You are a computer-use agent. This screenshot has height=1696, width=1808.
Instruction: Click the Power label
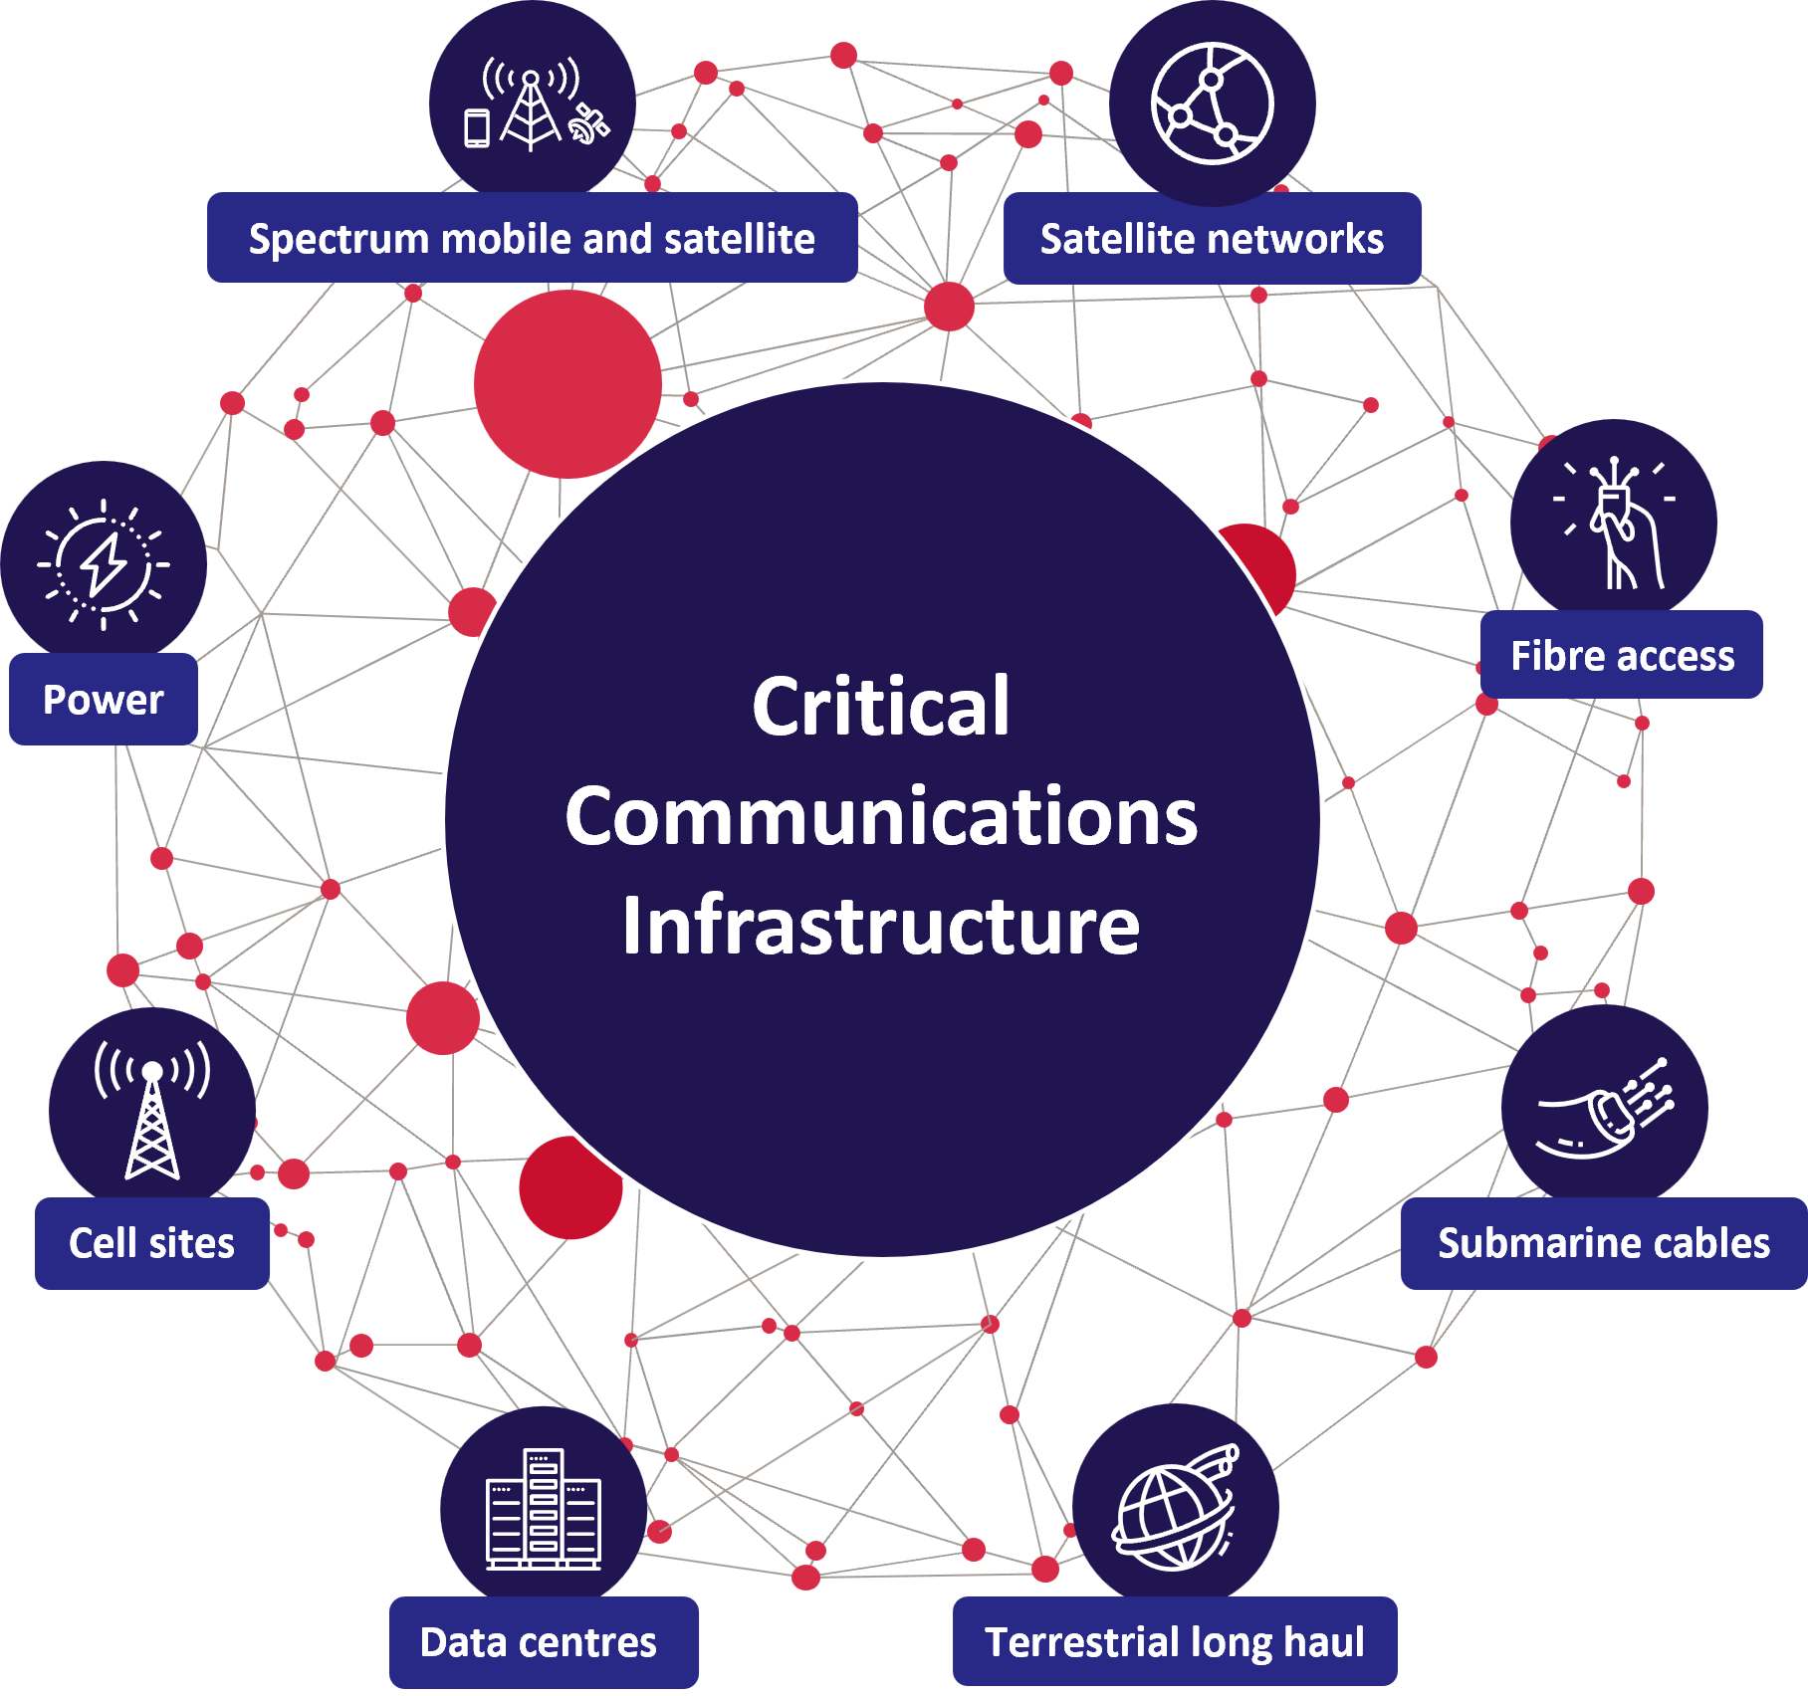tap(104, 700)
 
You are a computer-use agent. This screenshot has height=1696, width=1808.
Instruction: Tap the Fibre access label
tap(1622, 656)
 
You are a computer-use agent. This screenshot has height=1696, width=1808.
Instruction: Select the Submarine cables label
tap(1603, 1243)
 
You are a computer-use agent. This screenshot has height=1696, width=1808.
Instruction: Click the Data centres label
tap(539, 1642)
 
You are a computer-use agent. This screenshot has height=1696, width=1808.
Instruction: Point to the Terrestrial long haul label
tap(1175, 1642)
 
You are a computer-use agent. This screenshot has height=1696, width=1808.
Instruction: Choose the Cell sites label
tap(151, 1243)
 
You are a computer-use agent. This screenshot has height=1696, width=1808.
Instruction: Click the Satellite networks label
tap(1212, 239)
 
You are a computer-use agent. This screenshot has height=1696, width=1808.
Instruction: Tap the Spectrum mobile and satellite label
tap(532, 239)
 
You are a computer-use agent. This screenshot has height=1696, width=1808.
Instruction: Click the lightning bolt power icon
tap(104, 564)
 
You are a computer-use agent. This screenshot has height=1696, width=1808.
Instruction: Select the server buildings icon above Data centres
tap(544, 1509)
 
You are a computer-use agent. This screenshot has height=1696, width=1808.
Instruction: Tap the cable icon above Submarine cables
tap(1605, 1108)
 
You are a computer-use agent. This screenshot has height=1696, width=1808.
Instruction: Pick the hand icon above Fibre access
tap(1615, 524)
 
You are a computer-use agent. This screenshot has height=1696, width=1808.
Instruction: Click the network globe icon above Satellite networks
tap(1212, 104)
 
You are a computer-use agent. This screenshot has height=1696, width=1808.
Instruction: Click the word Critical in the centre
tap(881, 707)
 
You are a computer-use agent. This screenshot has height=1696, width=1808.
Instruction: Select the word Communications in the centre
tap(881, 816)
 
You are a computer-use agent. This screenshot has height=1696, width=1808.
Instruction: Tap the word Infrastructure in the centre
tap(881, 926)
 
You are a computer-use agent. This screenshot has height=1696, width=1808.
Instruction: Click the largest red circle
tap(567, 383)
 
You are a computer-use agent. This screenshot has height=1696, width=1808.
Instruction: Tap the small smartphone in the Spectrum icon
tap(478, 128)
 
